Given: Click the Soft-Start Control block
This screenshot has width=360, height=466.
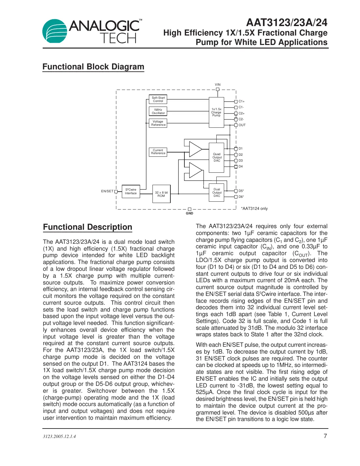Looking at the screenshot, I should (158, 99).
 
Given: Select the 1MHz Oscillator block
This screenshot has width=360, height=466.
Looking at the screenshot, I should (158, 111).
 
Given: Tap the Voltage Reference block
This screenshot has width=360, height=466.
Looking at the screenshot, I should (158, 123).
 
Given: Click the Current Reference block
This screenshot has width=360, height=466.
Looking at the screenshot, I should (158, 152).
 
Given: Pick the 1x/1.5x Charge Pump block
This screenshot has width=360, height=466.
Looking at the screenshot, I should (216, 112).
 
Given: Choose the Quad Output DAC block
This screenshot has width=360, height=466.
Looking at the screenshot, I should (217, 157).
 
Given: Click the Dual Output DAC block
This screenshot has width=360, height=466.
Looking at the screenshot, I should (217, 193).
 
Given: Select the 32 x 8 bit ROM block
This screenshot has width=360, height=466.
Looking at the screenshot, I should (161, 194).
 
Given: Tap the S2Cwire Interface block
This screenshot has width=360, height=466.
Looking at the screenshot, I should (131, 191).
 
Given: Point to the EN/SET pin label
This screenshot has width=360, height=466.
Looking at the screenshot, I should (107, 191).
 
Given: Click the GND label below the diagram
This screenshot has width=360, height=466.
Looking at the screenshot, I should (189, 213).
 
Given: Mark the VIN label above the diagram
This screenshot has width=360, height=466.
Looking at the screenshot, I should (218, 85).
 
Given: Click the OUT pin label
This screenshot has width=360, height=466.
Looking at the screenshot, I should (242, 125).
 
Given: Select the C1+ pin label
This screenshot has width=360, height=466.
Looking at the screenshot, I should (241, 101).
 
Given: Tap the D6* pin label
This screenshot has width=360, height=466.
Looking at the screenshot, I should (241, 197).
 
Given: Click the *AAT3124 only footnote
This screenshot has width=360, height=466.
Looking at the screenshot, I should (254, 209).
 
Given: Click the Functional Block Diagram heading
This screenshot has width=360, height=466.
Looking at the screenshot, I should (93, 67).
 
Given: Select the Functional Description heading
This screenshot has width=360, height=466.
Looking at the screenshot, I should (87, 227).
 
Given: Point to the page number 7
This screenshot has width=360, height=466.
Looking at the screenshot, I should (325, 436).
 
